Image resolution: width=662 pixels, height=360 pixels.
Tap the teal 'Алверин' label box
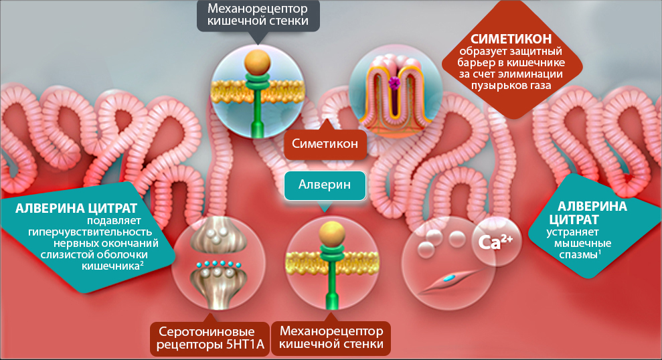(325, 185)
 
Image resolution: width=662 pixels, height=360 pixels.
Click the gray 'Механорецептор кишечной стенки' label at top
(258, 15)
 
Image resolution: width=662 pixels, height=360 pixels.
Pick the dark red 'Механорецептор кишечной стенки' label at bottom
(330, 338)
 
